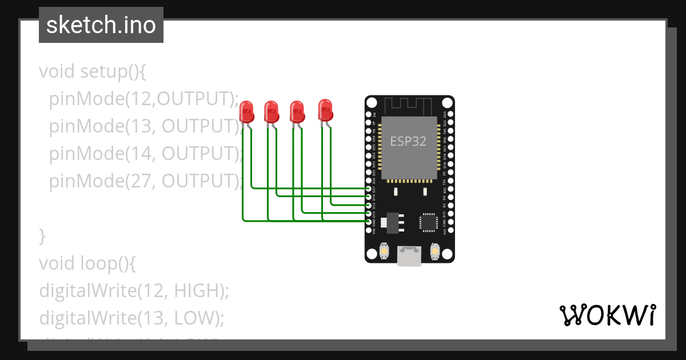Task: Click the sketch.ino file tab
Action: point(101,25)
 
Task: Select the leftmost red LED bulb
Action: point(246,111)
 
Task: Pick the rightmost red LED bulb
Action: point(325,109)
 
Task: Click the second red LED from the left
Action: point(271,111)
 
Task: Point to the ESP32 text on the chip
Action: point(408,141)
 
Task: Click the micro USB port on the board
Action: point(409,256)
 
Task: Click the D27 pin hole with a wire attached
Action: point(369,188)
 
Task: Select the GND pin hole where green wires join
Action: point(369,221)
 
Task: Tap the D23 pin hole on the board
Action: point(450,114)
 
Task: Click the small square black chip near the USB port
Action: point(428,222)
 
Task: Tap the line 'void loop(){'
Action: point(87,263)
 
